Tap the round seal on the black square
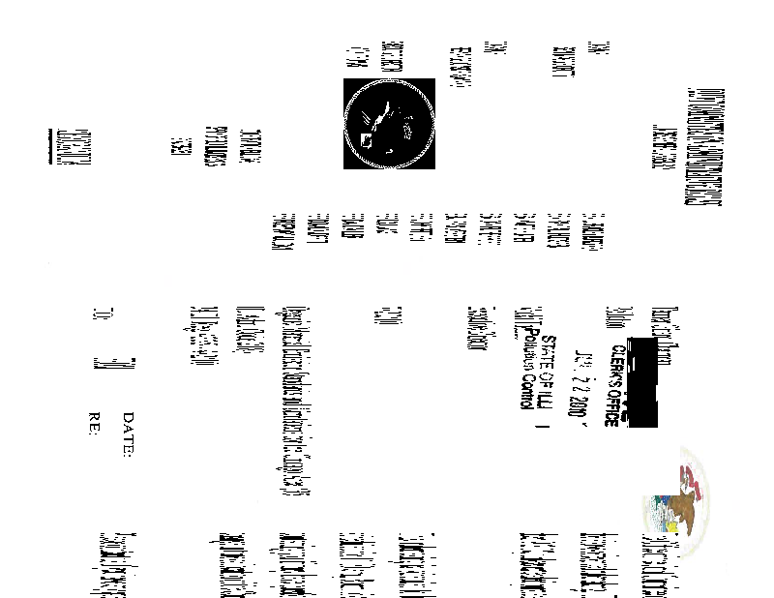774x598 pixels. click(x=389, y=123)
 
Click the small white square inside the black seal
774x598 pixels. click(x=367, y=139)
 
